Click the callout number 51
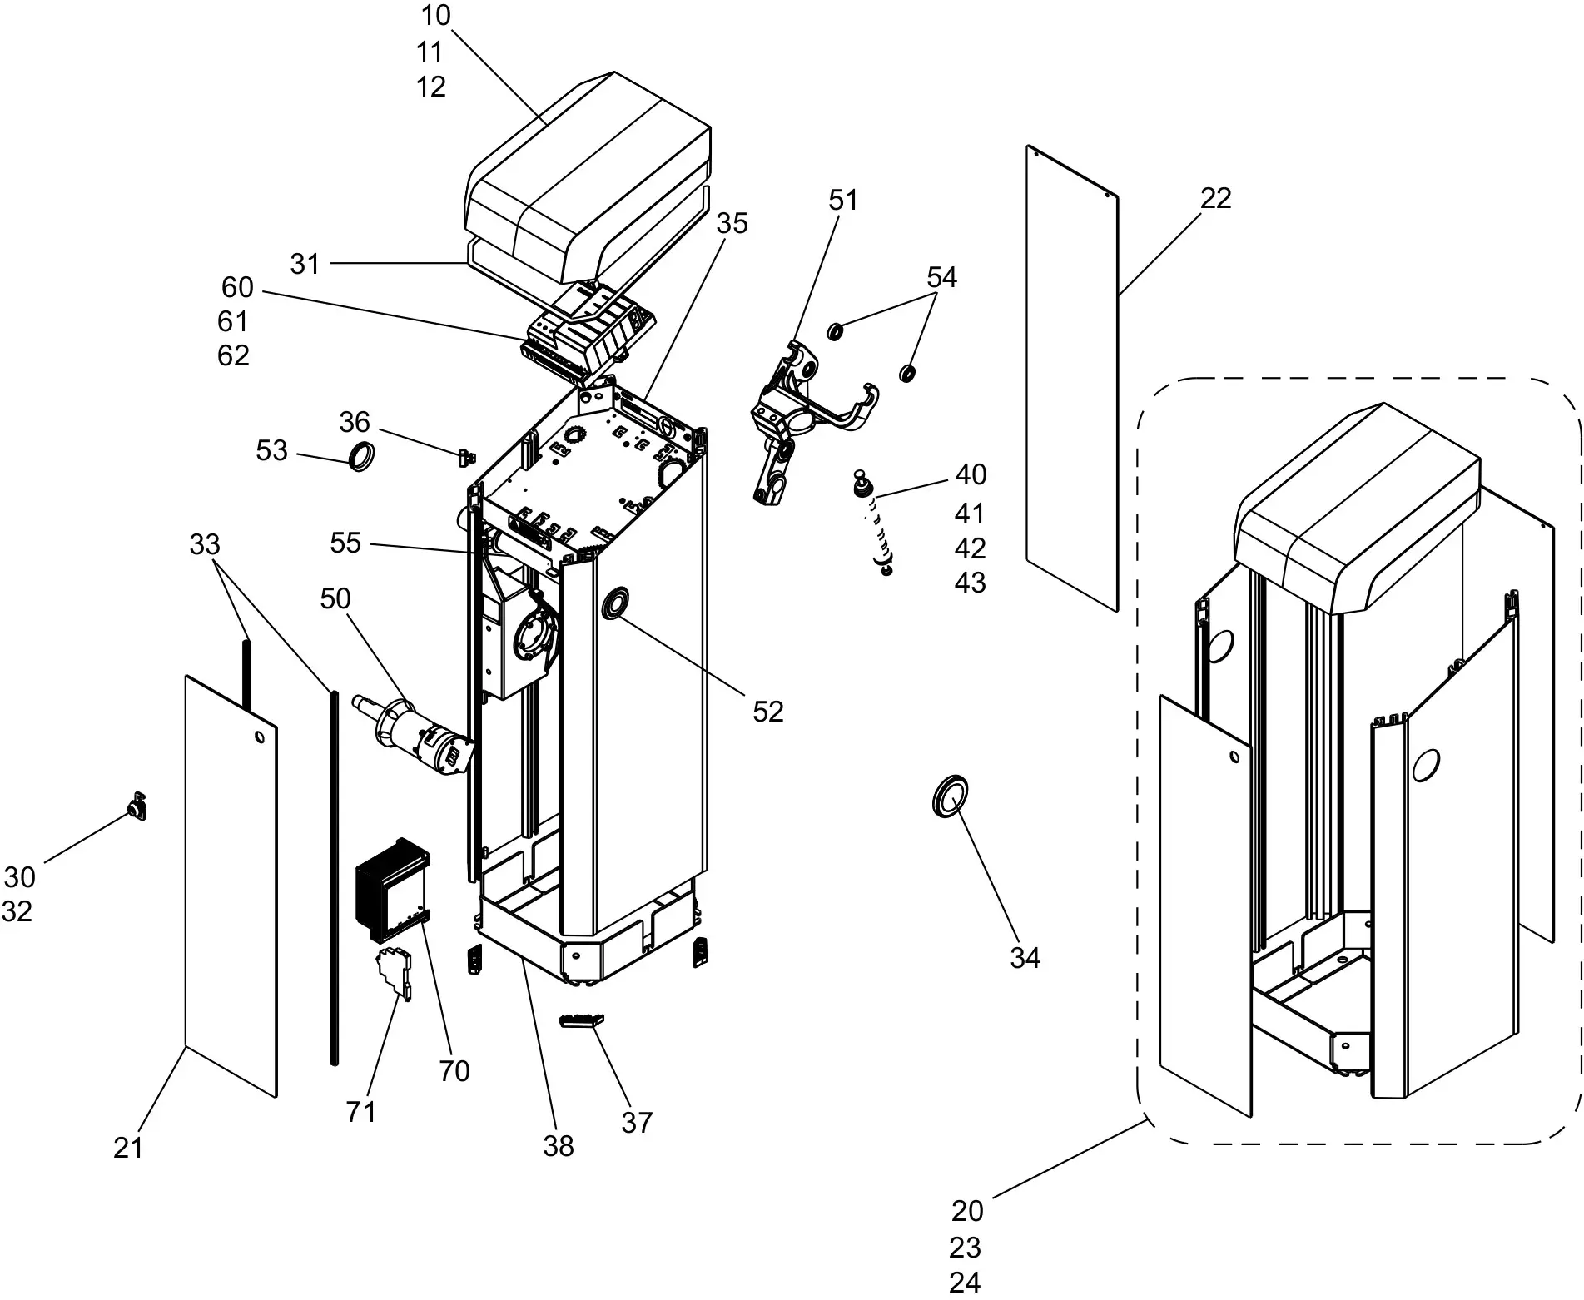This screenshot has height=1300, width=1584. [843, 200]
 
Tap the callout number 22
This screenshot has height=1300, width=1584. [1215, 198]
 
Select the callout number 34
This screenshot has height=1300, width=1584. [1025, 958]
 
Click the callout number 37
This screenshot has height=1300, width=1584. [637, 1123]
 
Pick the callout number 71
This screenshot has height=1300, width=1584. [361, 1111]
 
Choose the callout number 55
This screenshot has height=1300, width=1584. [345, 543]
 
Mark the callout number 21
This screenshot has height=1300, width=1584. [128, 1148]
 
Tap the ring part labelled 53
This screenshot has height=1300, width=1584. [360, 457]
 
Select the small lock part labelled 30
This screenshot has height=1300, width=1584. [137, 808]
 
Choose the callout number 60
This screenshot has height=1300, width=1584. [237, 287]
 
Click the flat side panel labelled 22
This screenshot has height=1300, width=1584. [1072, 379]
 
